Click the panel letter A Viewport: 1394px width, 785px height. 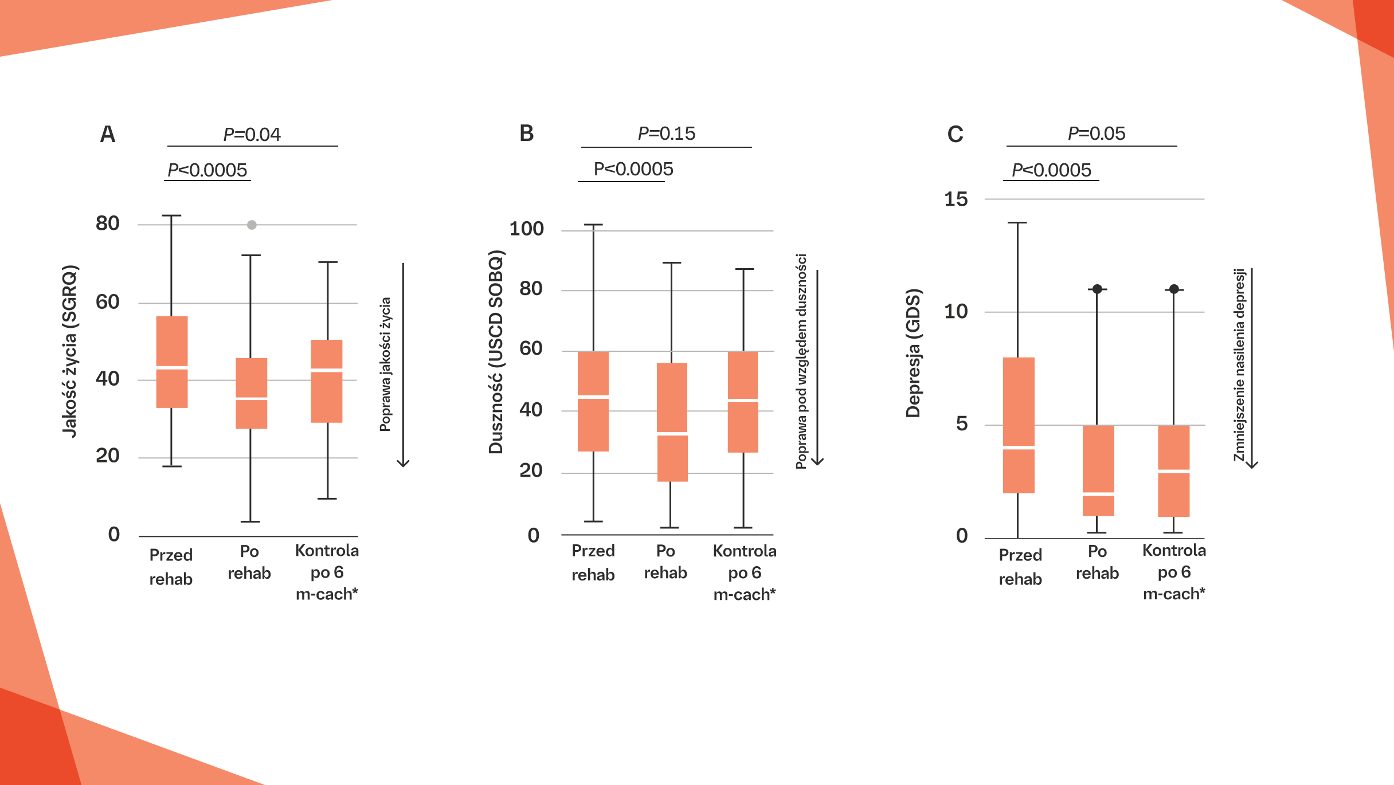[108, 135]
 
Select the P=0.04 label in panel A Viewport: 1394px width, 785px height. [252, 135]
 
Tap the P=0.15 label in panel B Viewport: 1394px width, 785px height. [666, 134]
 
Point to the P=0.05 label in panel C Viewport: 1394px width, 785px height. [1096, 134]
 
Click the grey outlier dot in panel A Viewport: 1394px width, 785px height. [252, 225]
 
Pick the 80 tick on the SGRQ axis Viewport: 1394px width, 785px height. [108, 223]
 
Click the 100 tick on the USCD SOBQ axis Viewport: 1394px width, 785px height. [526, 229]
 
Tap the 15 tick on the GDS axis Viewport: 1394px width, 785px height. [956, 199]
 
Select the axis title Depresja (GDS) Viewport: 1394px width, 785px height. [913, 353]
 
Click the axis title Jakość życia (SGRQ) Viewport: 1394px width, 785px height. [70, 351]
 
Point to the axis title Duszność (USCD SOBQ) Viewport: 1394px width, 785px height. [496, 352]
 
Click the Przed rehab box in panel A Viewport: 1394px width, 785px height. [172, 362]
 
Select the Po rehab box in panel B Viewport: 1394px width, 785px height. [672, 422]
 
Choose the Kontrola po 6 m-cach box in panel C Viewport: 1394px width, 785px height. [1173, 470]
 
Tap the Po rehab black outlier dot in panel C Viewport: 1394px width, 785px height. [1097, 289]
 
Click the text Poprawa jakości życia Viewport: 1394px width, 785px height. [385, 364]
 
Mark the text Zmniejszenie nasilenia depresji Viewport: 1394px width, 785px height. [1239, 364]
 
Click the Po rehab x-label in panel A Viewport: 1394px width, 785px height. [249, 562]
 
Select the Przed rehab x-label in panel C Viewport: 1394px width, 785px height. [1020, 567]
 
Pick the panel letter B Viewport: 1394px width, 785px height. [526, 134]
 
